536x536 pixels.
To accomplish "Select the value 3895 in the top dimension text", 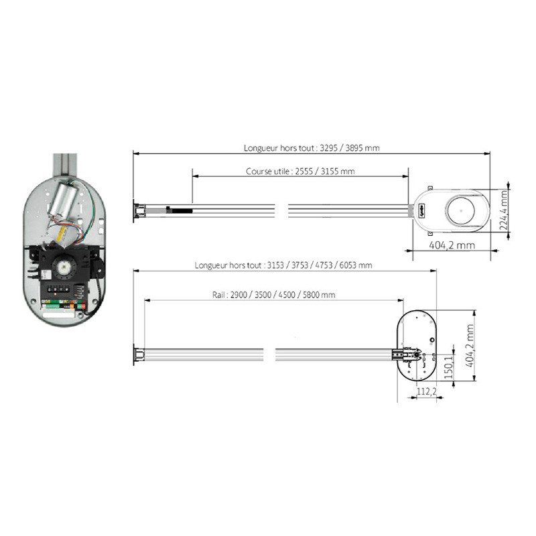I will point(358,149).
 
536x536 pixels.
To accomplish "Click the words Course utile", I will point(267,172).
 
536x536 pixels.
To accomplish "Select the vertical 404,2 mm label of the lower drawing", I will point(470,350).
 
